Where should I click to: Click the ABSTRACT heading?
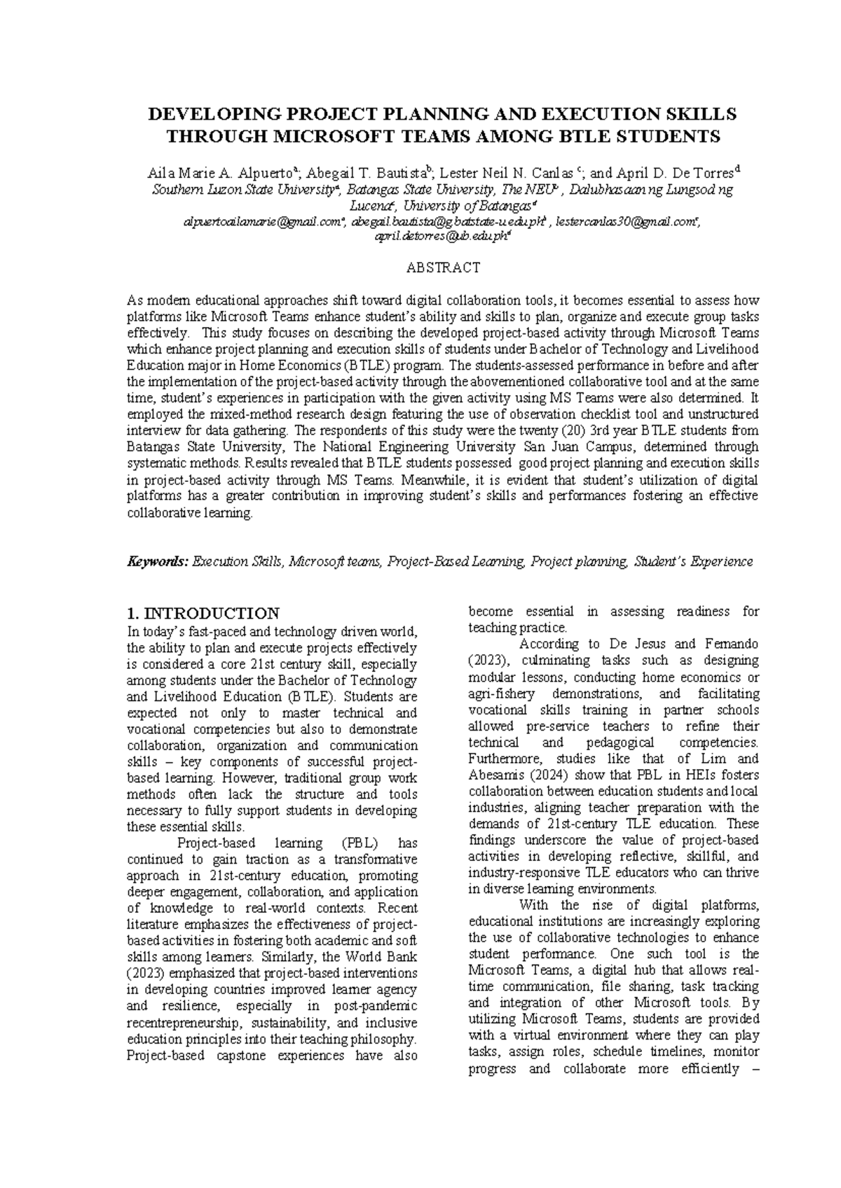[444, 267]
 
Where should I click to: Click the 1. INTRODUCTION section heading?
[203, 613]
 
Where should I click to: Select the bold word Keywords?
[157, 561]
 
